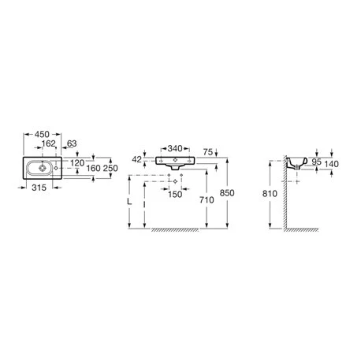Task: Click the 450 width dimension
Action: click(42, 135)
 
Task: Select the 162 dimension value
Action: click(49, 143)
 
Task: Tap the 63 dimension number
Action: click(72, 143)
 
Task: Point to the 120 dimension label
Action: click(77, 163)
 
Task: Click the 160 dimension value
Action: click(94, 168)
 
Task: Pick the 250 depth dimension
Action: click(110, 168)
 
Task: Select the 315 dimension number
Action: click(39, 188)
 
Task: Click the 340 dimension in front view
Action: click(175, 149)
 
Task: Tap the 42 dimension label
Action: click(136, 159)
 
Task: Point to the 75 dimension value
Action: click(208, 152)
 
